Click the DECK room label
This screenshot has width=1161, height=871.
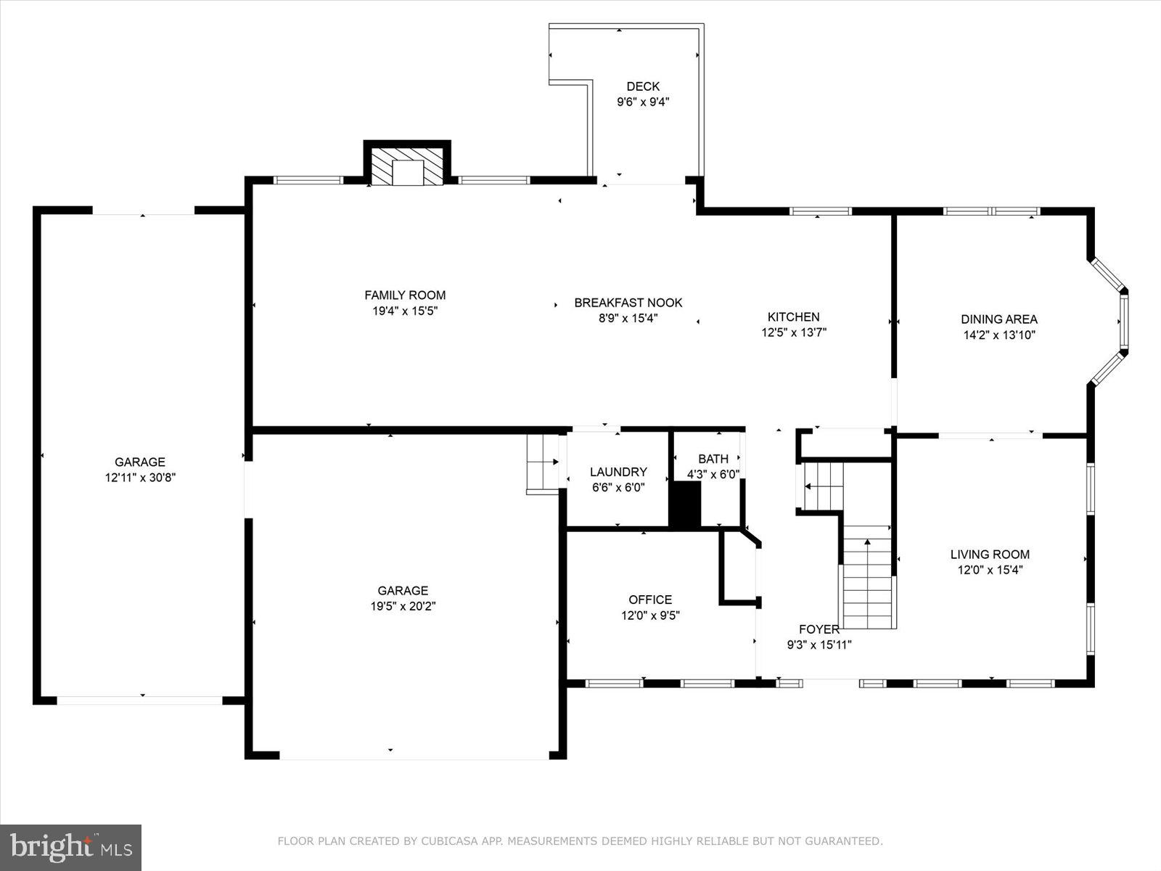(x=643, y=86)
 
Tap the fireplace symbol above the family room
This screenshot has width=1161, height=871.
(x=407, y=166)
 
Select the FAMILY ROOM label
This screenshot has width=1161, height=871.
(x=405, y=295)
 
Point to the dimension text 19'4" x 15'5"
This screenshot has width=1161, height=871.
(x=405, y=311)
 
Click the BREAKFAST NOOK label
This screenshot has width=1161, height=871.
(x=628, y=303)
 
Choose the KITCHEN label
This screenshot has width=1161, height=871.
(x=793, y=316)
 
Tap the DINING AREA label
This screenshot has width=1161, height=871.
(x=998, y=319)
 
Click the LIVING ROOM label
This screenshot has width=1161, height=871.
(x=990, y=554)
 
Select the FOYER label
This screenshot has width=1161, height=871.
(x=819, y=629)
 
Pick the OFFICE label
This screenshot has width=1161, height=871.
(x=649, y=600)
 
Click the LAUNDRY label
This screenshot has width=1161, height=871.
(x=618, y=472)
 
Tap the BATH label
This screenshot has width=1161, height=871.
(x=713, y=459)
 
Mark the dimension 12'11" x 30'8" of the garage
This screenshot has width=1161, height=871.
(x=140, y=478)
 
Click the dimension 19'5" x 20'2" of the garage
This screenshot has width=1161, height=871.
(x=403, y=606)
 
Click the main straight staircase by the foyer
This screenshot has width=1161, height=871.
(x=867, y=581)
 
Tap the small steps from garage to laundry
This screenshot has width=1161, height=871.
(x=541, y=462)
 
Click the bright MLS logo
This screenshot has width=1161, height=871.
(x=70, y=847)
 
